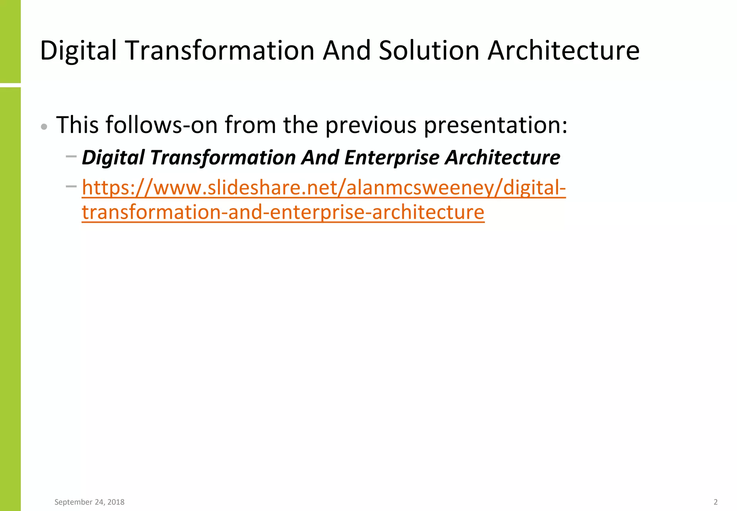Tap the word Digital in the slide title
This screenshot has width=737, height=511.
coord(78,50)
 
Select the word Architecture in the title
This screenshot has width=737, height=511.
coord(564,50)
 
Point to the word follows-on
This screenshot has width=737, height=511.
coord(161,125)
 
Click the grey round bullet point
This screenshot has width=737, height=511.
coord(44,126)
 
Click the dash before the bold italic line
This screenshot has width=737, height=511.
coord(71,156)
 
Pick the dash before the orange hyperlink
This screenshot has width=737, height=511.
coord(71,186)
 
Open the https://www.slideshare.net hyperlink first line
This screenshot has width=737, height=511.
coord(324,188)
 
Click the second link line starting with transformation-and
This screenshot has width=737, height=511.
coord(283,212)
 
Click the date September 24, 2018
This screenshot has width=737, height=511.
coord(89,502)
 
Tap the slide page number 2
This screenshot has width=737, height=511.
coord(715,502)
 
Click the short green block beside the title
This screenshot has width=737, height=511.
coord(10,41)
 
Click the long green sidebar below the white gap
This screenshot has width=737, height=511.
coord(10,299)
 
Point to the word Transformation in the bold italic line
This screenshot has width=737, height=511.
coord(223,158)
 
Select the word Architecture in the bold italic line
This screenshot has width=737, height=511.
coord(502,158)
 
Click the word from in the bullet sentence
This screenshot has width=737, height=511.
coord(250,125)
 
